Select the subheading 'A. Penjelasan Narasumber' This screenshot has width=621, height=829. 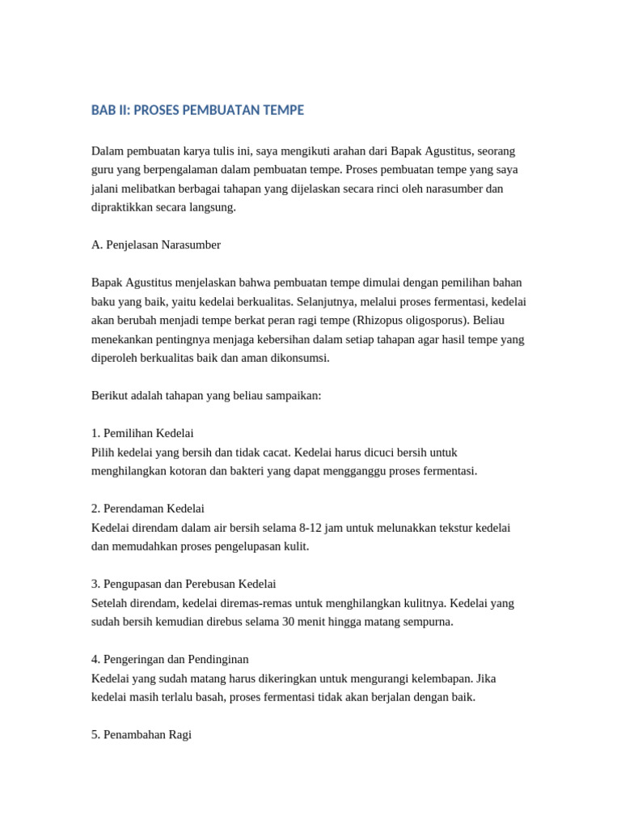point(156,244)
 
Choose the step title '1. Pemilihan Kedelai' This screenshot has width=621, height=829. point(142,433)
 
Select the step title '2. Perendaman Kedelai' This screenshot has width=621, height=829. point(148,508)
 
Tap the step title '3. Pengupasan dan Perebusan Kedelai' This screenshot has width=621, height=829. point(184,584)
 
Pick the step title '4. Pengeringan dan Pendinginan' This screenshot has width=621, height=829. point(170,659)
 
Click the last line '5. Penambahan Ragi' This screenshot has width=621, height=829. point(142,735)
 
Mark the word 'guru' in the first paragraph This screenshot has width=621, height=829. point(103,169)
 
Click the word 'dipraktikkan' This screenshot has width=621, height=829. point(123,206)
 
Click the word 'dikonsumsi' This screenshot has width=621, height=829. point(303,357)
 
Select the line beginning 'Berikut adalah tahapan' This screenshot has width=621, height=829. point(206,395)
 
